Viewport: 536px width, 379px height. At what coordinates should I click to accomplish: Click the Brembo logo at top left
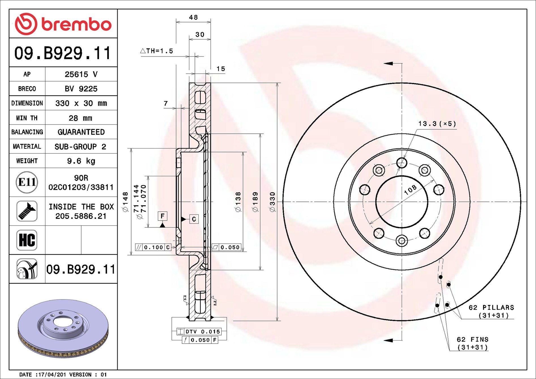pos(63,24)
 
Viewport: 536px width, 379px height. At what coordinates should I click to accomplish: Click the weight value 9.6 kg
pos(81,161)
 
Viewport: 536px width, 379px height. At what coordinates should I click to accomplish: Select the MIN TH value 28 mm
pos(80,118)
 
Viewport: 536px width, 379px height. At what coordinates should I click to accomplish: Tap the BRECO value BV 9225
pos(81,89)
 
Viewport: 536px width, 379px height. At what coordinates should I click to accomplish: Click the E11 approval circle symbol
pos(27,182)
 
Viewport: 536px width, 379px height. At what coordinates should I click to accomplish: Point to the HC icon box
pos(27,240)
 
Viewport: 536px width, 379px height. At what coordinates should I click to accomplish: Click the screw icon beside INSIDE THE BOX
pos(27,211)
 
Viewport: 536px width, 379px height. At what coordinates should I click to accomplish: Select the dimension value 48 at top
pos(193,18)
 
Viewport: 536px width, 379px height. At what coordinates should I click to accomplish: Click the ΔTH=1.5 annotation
pos(157,51)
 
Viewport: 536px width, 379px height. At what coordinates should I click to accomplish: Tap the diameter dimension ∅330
pos(272,202)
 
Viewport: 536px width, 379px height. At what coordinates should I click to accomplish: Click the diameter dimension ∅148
pos(125,202)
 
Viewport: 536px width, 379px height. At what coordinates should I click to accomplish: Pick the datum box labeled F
pos(163,216)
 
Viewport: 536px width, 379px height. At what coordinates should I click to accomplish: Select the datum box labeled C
pos(194,219)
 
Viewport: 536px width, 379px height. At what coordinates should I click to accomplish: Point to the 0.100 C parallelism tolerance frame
pos(153,247)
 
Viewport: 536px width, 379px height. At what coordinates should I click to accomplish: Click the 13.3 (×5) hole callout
pos(437,124)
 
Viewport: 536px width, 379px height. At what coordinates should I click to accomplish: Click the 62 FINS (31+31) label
pos(473,343)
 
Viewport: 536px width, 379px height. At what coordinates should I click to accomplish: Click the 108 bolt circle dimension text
pos(410,190)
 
